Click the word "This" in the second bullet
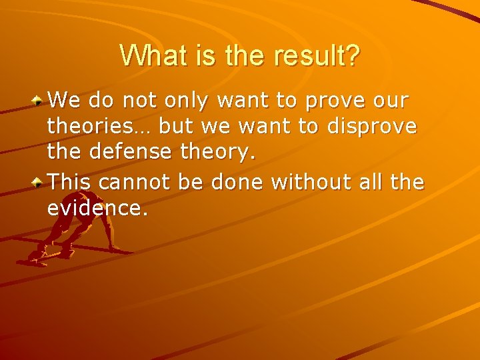click(69, 181)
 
